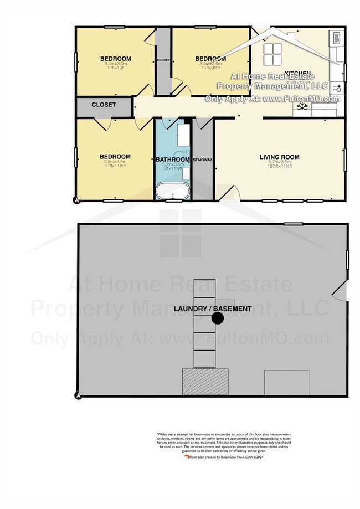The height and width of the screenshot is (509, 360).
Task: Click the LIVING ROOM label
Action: [x=279, y=157]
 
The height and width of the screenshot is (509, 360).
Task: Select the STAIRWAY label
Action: [x=202, y=160]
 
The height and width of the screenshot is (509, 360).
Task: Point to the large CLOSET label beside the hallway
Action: [x=104, y=104]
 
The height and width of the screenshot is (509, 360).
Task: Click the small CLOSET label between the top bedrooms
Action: [x=163, y=60]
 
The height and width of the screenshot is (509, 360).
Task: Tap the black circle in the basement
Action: [x=217, y=318]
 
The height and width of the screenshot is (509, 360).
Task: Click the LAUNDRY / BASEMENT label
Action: [x=213, y=309]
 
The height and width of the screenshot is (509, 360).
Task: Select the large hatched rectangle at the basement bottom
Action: [x=205, y=382]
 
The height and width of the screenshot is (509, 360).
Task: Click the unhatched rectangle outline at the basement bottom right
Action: [x=286, y=382]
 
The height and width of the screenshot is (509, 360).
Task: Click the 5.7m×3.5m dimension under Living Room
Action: [x=279, y=162]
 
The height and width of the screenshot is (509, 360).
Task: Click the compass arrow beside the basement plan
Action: [x=78, y=395]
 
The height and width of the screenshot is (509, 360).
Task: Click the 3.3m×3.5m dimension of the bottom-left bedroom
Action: [x=115, y=162]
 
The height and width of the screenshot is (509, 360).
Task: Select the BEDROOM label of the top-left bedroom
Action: [x=115, y=59]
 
